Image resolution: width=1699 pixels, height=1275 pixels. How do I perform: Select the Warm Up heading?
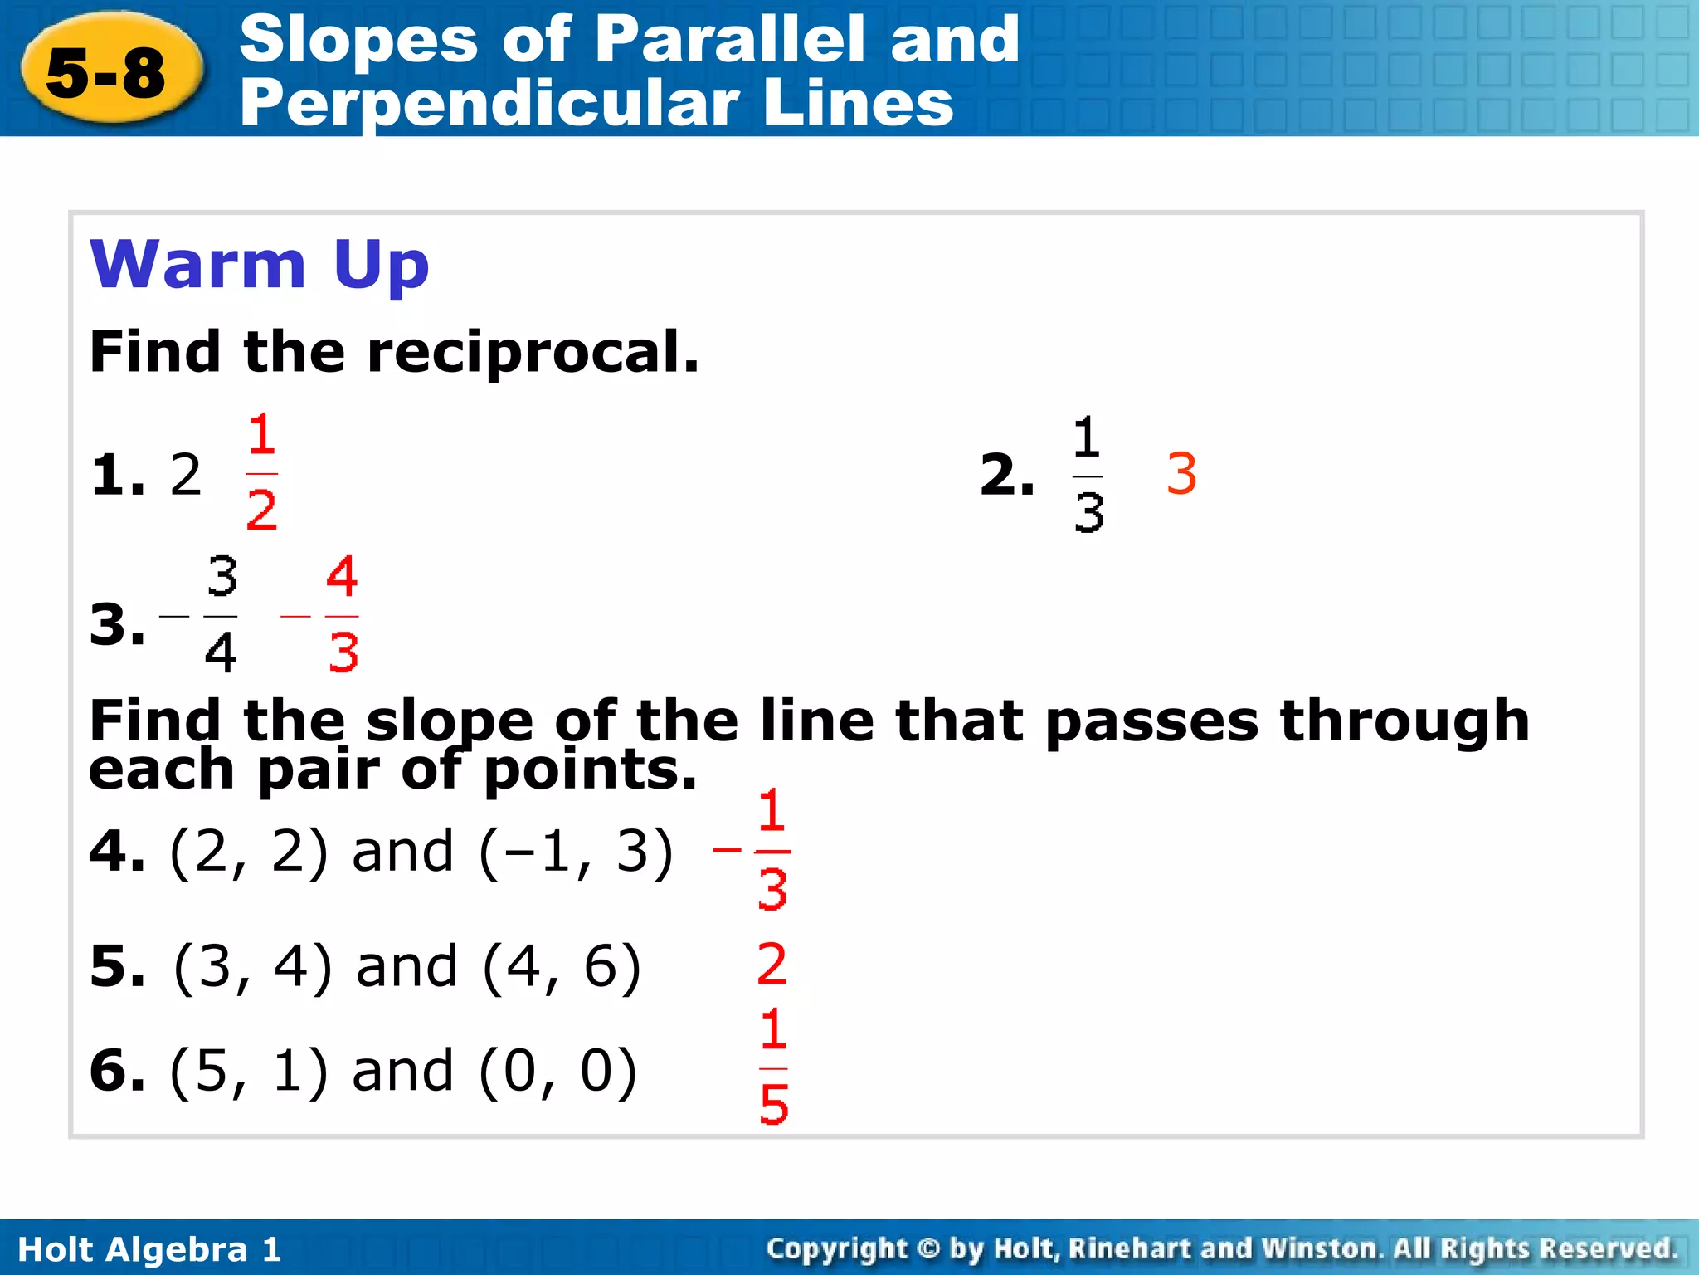point(259,264)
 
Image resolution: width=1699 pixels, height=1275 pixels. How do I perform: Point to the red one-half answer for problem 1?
point(261,472)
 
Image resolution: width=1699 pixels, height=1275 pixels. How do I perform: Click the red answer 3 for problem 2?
point(1181,474)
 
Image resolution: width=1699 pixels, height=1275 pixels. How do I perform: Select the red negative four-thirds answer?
point(324,616)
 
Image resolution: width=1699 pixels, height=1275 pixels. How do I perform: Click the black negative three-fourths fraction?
point(203,616)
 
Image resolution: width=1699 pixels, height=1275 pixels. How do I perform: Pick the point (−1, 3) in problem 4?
point(576,852)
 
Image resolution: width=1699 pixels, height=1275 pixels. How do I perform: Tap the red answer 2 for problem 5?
point(772,965)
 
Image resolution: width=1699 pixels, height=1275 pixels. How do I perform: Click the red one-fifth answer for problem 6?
point(773,1067)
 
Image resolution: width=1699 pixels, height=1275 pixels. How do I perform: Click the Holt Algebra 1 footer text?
point(150,1249)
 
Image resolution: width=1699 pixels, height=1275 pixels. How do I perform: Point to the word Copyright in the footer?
point(837,1248)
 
